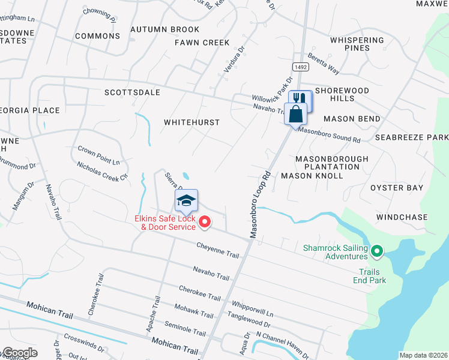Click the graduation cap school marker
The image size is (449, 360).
point(186,200)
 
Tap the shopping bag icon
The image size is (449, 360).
point(295,113)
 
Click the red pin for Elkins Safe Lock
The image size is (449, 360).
point(204,223)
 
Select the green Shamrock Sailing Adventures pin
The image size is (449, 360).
point(377,251)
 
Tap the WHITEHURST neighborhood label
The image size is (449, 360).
point(192,122)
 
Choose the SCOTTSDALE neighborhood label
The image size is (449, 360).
point(132,92)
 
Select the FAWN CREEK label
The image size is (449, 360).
point(202,43)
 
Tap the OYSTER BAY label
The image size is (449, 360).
point(397,188)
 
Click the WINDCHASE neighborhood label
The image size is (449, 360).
point(402,217)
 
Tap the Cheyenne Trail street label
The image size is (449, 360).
point(217,250)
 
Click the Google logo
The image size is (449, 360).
point(19,353)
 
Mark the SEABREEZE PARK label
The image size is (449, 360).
point(412,137)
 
